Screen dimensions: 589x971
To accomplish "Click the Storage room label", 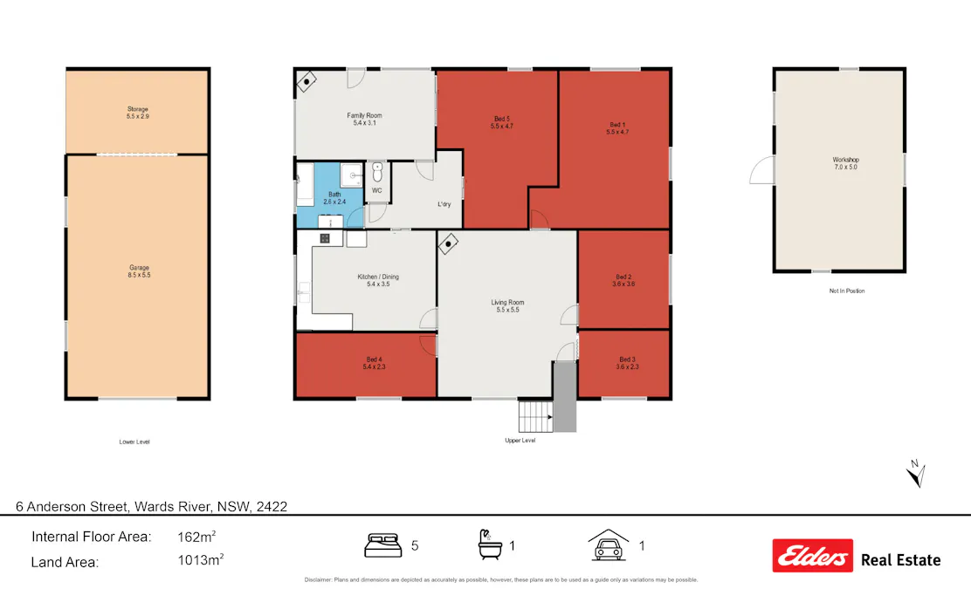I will [x=137, y=113].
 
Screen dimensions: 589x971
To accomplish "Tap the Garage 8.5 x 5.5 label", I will [x=139, y=271].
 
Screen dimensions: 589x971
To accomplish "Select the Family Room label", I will [x=364, y=120].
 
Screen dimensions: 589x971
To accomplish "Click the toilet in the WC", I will [x=376, y=173].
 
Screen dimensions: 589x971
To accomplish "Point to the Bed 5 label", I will [x=501, y=122].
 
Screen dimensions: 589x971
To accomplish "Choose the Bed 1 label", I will [x=617, y=128].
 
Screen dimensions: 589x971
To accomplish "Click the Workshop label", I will [x=845, y=163].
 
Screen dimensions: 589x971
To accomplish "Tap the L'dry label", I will [x=444, y=204].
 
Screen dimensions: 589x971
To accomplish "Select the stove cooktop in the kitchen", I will [x=325, y=238].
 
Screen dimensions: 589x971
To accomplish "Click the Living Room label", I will [x=507, y=306].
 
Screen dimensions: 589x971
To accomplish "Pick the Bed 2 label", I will [x=623, y=280].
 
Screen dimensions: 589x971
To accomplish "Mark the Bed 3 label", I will [x=626, y=363].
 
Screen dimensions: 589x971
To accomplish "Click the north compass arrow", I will [x=915, y=474].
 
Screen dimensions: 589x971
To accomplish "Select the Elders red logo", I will [x=812, y=556].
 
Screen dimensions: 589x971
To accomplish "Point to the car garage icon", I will [x=609, y=545].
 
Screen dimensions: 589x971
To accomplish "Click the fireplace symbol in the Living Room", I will [x=449, y=243].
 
